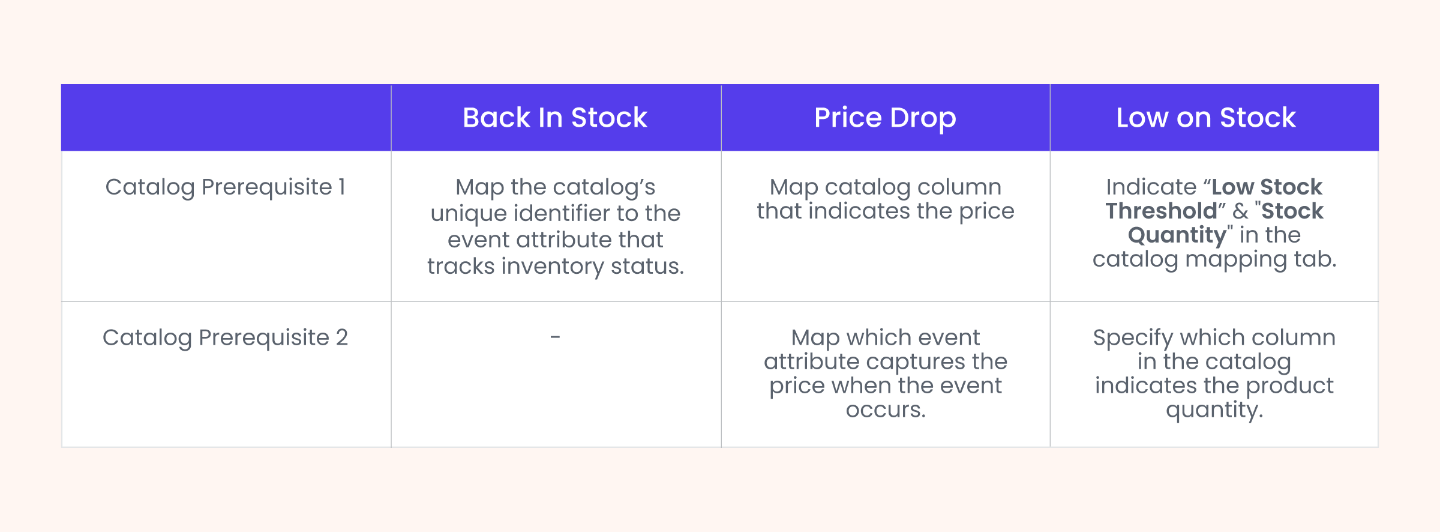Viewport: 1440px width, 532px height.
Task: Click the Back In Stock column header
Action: pyautogui.click(x=555, y=118)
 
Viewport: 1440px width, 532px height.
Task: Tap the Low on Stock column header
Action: pyautogui.click(x=1206, y=118)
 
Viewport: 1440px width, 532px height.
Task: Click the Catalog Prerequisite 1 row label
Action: pyautogui.click(x=226, y=187)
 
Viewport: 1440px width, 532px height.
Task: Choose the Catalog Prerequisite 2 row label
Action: pyautogui.click(x=226, y=338)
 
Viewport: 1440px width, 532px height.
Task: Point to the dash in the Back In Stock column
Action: pyautogui.click(x=555, y=337)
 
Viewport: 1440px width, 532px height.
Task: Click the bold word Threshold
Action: pyautogui.click(x=1162, y=211)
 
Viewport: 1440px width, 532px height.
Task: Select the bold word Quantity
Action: pyautogui.click(x=1177, y=235)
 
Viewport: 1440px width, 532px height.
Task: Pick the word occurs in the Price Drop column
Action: pyautogui.click(x=886, y=410)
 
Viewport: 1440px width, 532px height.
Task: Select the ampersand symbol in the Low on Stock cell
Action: pyautogui.click(x=1240, y=211)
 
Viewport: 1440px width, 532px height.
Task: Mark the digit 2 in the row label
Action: pyautogui.click(x=342, y=337)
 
